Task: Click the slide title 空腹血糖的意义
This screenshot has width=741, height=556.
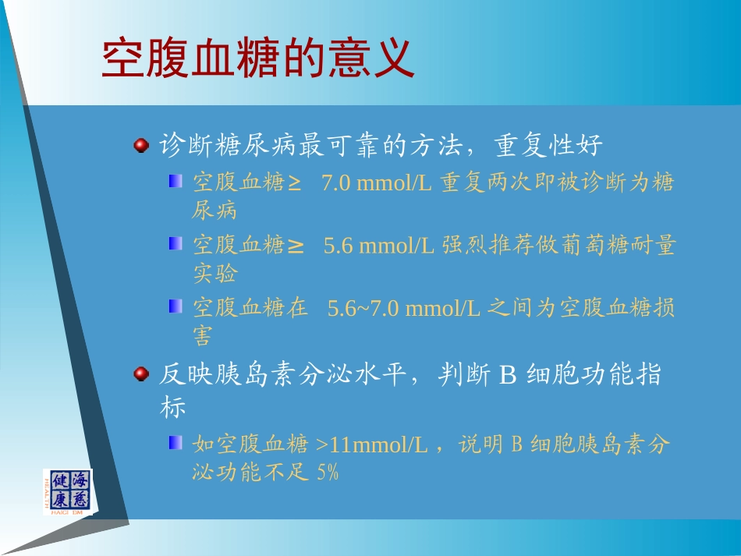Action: pos(257,58)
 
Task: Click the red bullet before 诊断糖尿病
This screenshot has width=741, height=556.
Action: pos(140,145)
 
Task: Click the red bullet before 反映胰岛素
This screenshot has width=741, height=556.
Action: pos(140,375)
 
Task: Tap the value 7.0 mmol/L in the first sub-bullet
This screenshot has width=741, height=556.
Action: pos(378,183)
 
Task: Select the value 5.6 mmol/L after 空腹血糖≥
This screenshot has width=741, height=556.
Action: pos(380,246)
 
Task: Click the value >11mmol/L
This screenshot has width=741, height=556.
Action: pos(373,445)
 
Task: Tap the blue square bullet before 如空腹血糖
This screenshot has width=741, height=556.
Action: pos(175,444)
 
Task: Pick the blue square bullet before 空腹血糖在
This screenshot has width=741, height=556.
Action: pos(175,306)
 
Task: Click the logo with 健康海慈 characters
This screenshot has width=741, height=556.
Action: pos(68,491)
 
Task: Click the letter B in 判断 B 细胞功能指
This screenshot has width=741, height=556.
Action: pos(508,376)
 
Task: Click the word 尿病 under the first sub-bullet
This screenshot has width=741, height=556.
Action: pos(214,211)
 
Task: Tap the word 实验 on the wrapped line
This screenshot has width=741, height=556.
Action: pos(214,274)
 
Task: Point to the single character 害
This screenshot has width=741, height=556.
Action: pos(203,336)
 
